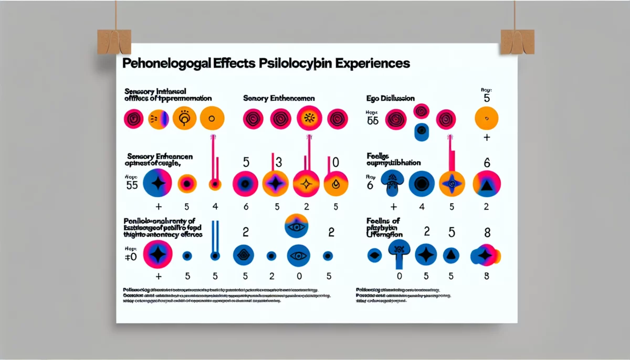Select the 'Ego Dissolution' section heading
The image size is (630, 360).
(391, 98)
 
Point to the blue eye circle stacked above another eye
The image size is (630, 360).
(298, 227)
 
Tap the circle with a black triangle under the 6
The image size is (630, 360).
(487, 183)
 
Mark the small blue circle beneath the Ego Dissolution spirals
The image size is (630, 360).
(422, 132)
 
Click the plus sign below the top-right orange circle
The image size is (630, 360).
(487, 137)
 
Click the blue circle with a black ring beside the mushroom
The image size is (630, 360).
(421, 183)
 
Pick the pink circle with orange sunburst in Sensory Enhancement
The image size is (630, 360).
(309, 118)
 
